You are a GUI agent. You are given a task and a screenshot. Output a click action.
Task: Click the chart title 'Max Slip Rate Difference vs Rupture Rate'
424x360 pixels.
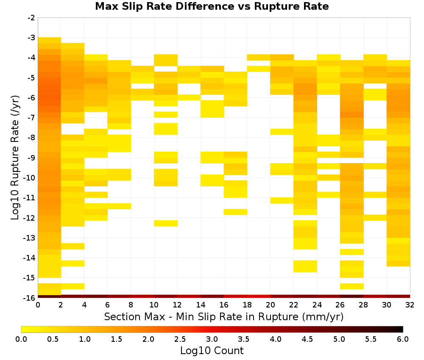click(212, 6)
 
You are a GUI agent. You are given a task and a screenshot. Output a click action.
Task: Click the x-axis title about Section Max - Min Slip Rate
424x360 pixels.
click(223, 316)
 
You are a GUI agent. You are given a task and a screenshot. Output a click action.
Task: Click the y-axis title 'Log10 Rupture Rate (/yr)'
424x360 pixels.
click(15, 158)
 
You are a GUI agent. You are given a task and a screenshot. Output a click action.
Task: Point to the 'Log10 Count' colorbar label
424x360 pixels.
click(212, 351)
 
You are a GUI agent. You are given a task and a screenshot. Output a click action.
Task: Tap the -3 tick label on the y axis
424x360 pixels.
click(31, 38)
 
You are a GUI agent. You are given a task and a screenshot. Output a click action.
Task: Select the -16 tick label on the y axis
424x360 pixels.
click(30, 298)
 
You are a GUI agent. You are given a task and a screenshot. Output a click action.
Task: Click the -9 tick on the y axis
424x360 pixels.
click(31, 158)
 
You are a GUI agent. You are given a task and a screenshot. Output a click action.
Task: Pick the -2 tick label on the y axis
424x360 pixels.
click(31, 18)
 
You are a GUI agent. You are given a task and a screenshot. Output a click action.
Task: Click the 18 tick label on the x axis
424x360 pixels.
click(247, 305)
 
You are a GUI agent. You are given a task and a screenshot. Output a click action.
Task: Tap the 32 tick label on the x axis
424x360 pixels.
click(410, 305)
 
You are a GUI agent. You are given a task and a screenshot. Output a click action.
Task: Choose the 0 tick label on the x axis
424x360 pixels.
click(38, 305)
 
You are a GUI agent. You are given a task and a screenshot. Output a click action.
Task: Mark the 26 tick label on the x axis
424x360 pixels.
click(340, 305)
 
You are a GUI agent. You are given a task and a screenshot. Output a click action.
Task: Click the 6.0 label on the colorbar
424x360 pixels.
click(403, 339)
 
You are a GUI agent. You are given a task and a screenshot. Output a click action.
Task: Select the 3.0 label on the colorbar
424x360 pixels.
click(212, 339)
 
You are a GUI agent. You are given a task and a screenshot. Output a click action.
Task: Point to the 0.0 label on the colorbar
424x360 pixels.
click(21, 339)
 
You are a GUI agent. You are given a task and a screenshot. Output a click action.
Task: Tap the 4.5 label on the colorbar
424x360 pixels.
click(307, 339)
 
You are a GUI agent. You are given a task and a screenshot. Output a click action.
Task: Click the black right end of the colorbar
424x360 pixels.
click(402, 329)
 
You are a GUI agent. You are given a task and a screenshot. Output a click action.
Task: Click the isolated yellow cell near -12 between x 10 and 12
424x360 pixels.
click(166, 223)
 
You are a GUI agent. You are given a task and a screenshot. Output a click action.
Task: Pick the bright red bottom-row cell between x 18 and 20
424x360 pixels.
click(259, 296)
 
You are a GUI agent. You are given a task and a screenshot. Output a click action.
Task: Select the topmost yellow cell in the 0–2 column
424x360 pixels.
click(50, 40)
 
